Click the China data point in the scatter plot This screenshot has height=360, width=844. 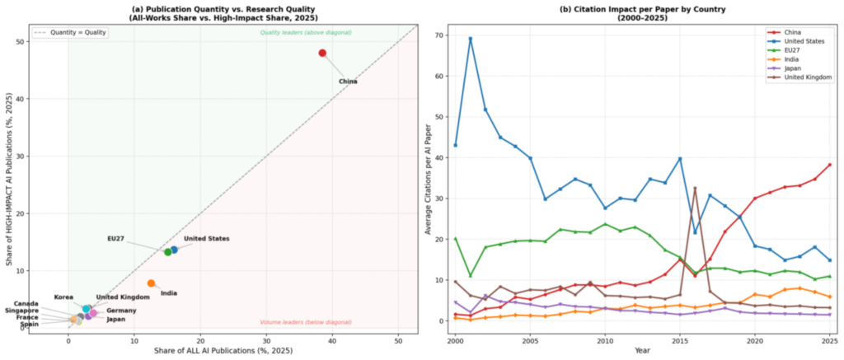click(x=322, y=53)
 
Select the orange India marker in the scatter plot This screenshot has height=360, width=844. click(x=151, y=283)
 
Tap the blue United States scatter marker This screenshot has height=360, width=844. click(x=174, y=250)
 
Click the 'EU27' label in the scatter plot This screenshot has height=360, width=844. click(x=116, y=239)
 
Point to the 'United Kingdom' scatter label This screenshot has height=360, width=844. click(x=123, y=297)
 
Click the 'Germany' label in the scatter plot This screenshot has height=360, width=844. click(x=121, y=311)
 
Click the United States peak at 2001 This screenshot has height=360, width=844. click(x=470, y=39)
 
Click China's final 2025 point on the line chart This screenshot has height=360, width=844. click(x=829, y=165)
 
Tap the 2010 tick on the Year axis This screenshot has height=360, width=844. click(x=604, y=339)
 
